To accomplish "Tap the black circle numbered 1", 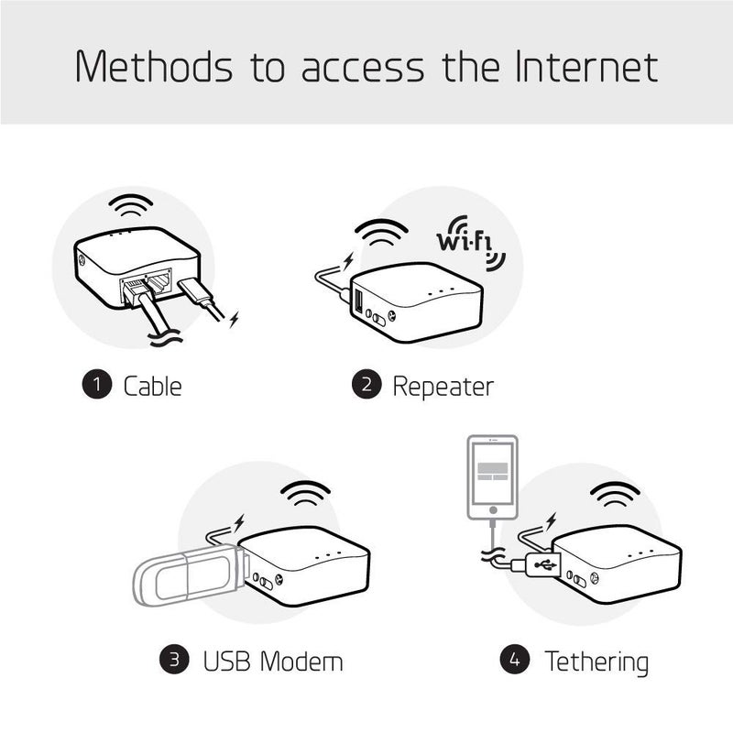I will click(x=95, y=385).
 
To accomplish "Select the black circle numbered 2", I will click(x=365, y=385).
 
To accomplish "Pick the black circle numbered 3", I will click(x=174, y=659).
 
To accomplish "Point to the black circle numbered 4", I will click(x=514, y=659).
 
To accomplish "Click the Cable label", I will click(x=152, y=386).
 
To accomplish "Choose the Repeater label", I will click(x=443, y=386).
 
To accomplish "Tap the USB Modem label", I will click(x=273, y=660).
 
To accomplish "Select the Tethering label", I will click(x=596, y=660).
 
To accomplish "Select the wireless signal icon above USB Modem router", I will click(x=304, y=495).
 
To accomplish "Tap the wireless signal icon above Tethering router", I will click(x=615, y=495).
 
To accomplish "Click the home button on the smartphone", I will click(x=493, y=509).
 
